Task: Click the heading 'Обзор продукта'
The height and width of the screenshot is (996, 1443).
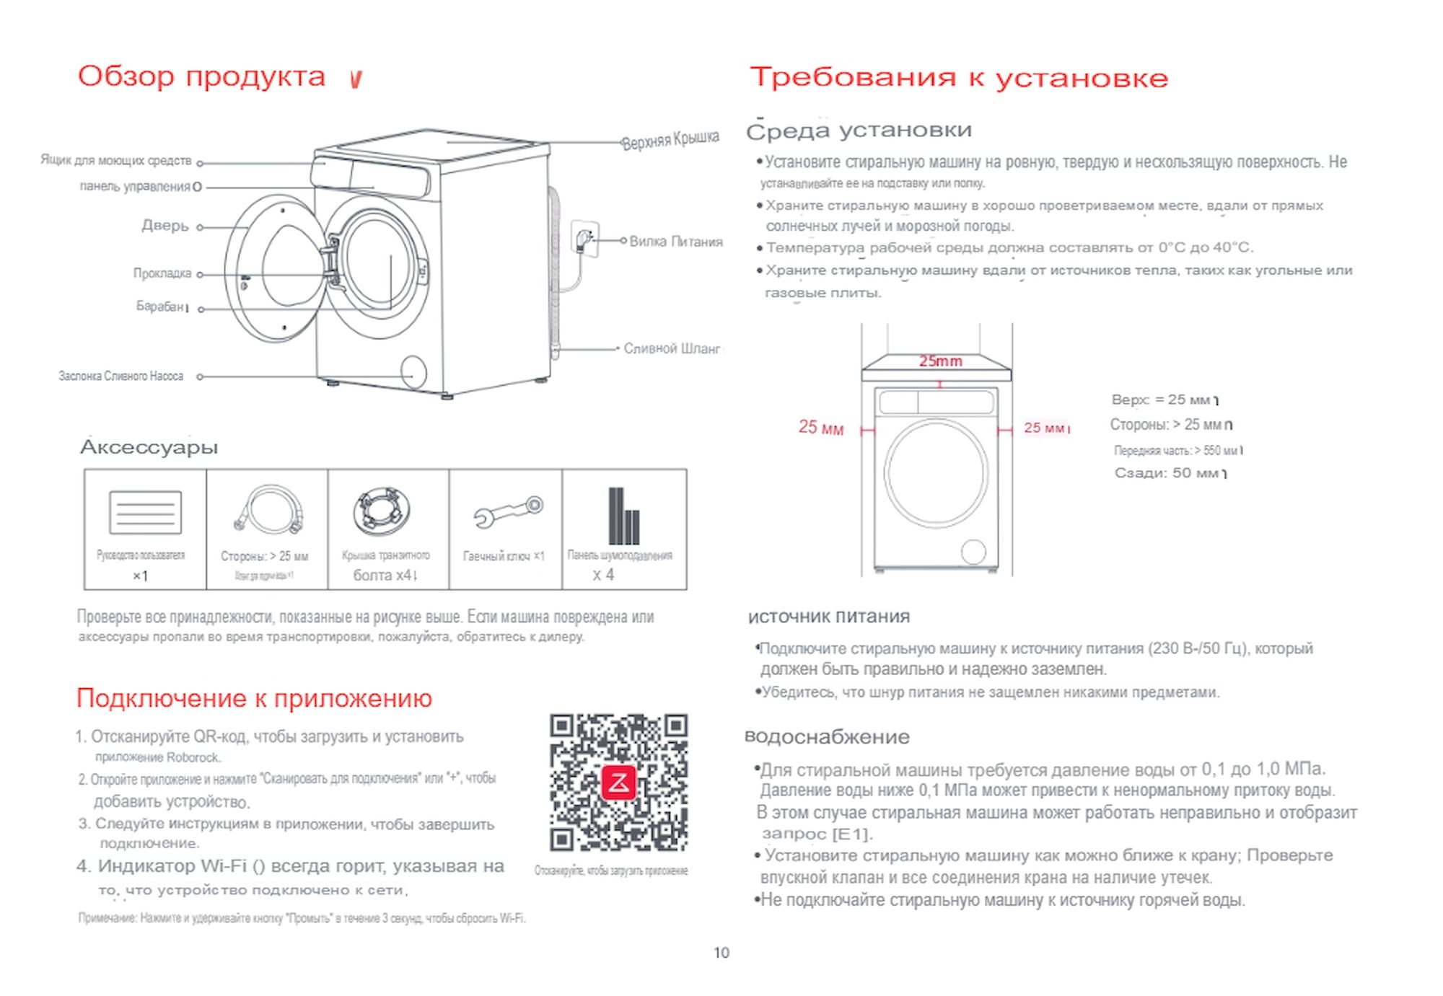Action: [201, 76]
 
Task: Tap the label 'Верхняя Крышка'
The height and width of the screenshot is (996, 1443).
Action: [670, 139]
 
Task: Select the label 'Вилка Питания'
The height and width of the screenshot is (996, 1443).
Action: [675, 242]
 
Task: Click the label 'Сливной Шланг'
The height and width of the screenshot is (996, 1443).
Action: [671, 349]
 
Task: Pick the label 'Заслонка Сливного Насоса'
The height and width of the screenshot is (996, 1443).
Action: [121, 376]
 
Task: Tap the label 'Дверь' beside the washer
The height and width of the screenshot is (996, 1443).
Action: [165, 226]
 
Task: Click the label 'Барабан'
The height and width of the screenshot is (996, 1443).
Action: [160, 307]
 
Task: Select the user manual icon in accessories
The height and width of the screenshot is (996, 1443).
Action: [145, 512]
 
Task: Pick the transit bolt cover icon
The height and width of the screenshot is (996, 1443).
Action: [382, 511]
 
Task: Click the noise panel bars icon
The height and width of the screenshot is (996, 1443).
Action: [623, 516]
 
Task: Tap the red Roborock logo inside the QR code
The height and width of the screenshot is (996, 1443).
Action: [618, 783]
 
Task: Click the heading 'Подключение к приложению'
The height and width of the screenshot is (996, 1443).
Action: [254, 698]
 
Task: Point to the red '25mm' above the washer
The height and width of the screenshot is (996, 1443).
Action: [940, 361]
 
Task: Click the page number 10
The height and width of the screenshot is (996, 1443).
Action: [721, 953]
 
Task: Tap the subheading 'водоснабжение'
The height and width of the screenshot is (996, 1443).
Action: [827, 737]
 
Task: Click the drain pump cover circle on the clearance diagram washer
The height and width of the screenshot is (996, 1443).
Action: [973, 552]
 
